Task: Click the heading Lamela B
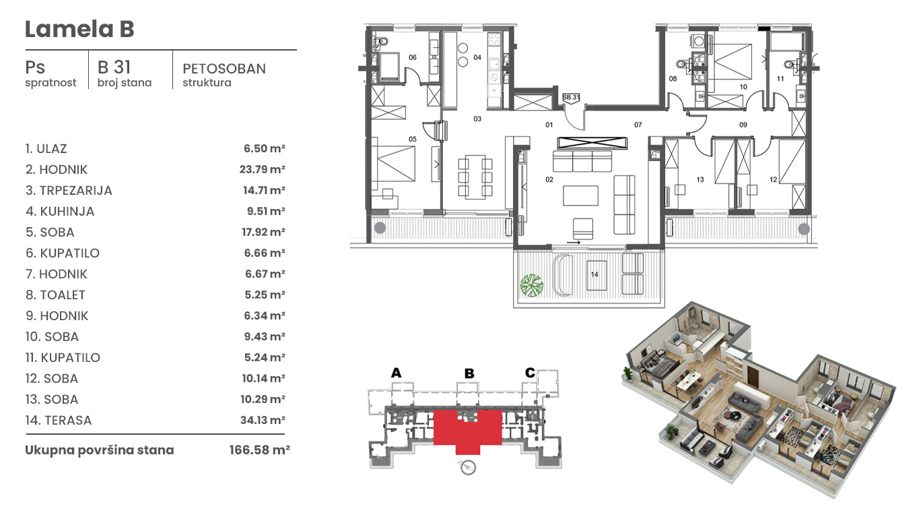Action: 79,29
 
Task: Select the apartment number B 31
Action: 114,67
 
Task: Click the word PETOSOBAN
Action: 224,69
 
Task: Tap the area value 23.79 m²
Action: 262,169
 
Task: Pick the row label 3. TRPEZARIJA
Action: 69,191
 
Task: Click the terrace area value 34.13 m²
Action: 263,420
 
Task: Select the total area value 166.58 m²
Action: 259,450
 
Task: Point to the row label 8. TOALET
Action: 55,295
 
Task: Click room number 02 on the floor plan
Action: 549,179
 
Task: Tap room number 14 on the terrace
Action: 594,274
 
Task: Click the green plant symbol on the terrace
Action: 532,285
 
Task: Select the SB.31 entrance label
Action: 571,97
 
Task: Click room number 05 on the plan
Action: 413,140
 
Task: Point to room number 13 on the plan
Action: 700,179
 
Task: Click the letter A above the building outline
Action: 396,373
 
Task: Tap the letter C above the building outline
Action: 530,373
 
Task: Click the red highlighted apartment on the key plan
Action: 468,429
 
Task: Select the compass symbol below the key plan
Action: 468,467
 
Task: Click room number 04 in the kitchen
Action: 477,57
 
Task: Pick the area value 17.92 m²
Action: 263,232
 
